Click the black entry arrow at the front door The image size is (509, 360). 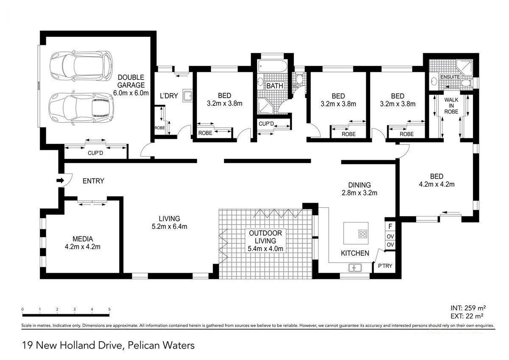click(x=60, y=180)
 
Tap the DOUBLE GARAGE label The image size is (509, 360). click(x=131, y=81)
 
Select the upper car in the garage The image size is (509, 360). click(x=81, y=66)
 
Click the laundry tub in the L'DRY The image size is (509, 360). click(x=187, y=96)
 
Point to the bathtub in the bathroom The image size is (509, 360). click(x=272, y=66)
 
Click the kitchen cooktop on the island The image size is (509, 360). click(x=363, y=234)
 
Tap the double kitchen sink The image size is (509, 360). click(x=355, y=268)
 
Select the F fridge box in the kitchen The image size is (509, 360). click(x=390, y=227)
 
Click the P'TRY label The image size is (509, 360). click(x=385, y=266)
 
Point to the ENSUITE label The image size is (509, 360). click(x=450, y=77)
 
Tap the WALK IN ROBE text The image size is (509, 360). click(x=451, y=106)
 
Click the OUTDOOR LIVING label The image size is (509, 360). click(x=266, y=237)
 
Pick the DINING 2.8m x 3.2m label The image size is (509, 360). click(x=359, y=189)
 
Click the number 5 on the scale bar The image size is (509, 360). click(x=109, y=309)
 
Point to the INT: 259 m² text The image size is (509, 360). click(x=468, y=308)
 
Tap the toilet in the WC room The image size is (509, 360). click(x=299, y=79)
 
